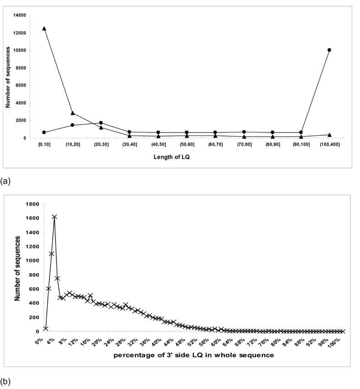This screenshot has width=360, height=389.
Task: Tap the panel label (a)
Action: (x=6, y=181)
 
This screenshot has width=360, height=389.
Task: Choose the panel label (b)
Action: (x=6, y=380)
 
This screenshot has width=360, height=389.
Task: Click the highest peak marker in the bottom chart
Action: (x=54, y=217)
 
